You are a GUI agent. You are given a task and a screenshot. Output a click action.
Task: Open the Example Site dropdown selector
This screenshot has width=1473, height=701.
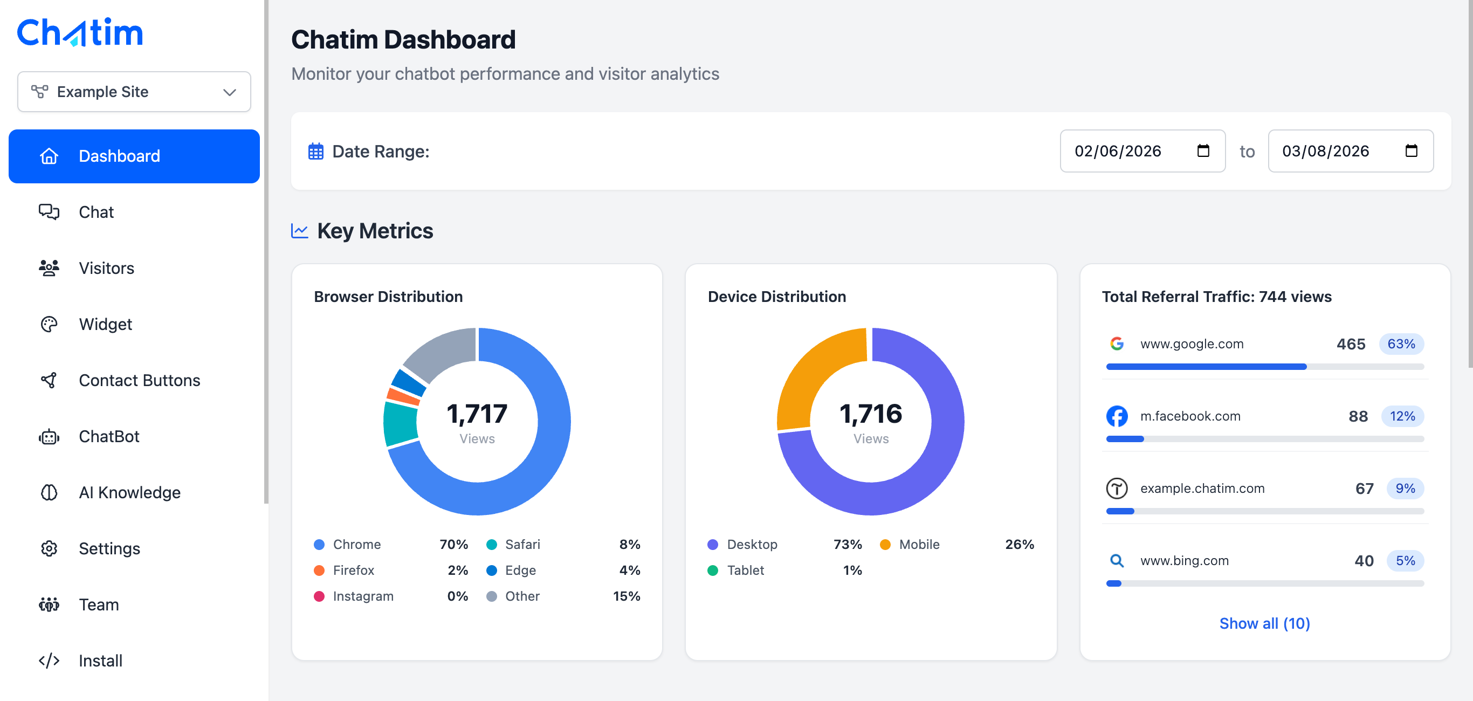tap(134, 92)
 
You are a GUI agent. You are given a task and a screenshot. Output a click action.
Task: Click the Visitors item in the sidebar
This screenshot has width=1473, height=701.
tap(106, 268)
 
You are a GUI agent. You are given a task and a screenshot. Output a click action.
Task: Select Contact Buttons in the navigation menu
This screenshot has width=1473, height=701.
tap(139, 380)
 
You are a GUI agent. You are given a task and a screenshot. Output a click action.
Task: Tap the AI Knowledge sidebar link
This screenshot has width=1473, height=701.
tap(129, 492)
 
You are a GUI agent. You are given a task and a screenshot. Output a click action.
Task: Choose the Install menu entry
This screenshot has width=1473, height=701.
tap(100, 661)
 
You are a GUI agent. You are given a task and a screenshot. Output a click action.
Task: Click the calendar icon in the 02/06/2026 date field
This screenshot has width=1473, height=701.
tap(1203, 151)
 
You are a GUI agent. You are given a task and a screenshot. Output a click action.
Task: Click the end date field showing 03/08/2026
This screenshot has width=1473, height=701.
tap(1350, 151)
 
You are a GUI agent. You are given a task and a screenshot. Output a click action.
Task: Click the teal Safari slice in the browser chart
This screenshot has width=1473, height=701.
tap(400, 424)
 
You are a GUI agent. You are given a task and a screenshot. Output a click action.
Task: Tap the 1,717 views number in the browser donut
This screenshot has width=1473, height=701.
tap(477, 414)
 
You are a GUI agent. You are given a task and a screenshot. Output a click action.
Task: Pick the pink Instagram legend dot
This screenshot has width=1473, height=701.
tap(319, 596)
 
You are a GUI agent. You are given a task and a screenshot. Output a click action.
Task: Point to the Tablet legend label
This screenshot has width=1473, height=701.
tap(745, 570)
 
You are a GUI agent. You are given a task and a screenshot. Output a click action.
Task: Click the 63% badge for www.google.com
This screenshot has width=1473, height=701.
tap(1401, 343)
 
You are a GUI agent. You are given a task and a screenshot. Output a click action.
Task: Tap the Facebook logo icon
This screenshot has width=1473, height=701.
tap(1117, 416)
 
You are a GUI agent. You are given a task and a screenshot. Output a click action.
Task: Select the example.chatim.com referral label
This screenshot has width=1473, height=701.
tap(1202, 489)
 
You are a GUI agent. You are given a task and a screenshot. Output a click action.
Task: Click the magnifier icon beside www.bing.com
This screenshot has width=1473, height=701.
tap(1117, 561)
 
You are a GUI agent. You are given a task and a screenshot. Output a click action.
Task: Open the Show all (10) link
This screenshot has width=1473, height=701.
tap(1264, 623)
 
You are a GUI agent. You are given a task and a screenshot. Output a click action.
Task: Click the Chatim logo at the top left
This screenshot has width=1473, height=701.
tap(80, 32)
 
